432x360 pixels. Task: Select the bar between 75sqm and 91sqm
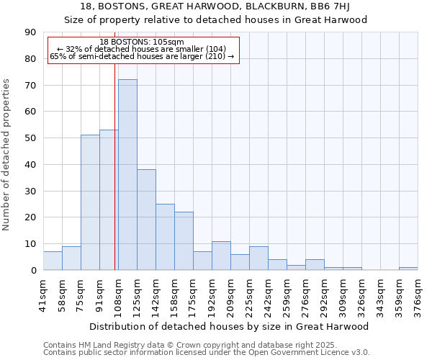pyautogui.click(x=90, y=202)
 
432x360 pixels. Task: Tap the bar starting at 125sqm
pyautogui.click(x=146, y=220)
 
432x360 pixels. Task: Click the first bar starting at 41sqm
pyautogui.click(x=53, y=261)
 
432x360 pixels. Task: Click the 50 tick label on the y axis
pyautogui.click(x=31, y=138)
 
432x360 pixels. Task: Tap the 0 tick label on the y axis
pyautogui.click(x=34, y=271)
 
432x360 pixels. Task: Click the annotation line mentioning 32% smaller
pyautogui.click(x=142, y=49)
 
